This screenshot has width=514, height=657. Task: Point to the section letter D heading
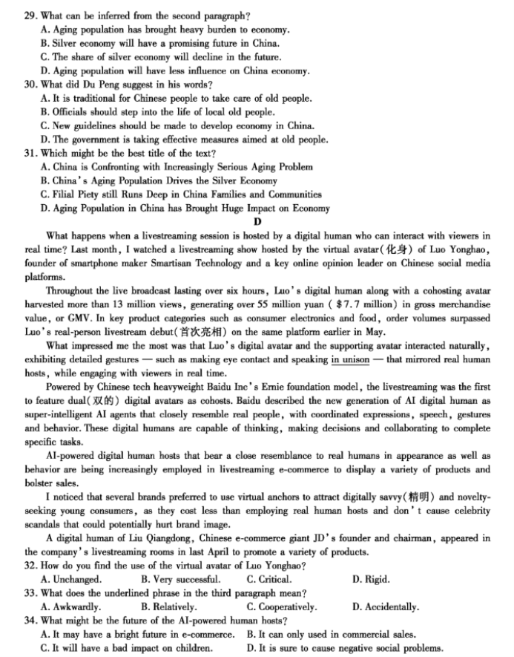pyautogui.click(x=257, y=222)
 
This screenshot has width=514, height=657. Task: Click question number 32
pyautogui.click(x=30, y=566)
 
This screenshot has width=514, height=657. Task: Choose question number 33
pyautogui.click(x=30, y=593)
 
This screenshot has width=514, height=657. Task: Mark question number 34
pyautogui.click(x=30, y=620)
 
